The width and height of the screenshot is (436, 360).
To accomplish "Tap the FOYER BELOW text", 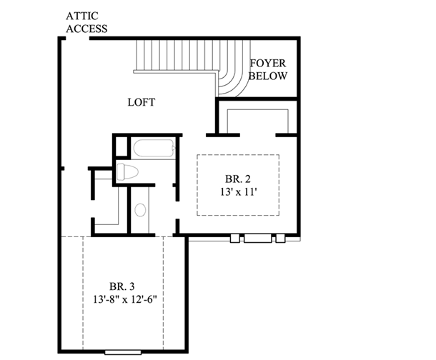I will [268, 69].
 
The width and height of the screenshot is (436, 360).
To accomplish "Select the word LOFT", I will [142, 102].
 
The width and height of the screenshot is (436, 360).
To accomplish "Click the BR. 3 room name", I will [123, 284].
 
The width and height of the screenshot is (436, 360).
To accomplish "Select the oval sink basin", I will [141, 211].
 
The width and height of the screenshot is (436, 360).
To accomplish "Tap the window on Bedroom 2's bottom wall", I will [258, 238].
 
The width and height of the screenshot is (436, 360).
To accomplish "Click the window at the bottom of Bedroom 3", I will [123, 351].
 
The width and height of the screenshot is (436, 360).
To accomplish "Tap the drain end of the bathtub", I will [168, 149].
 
